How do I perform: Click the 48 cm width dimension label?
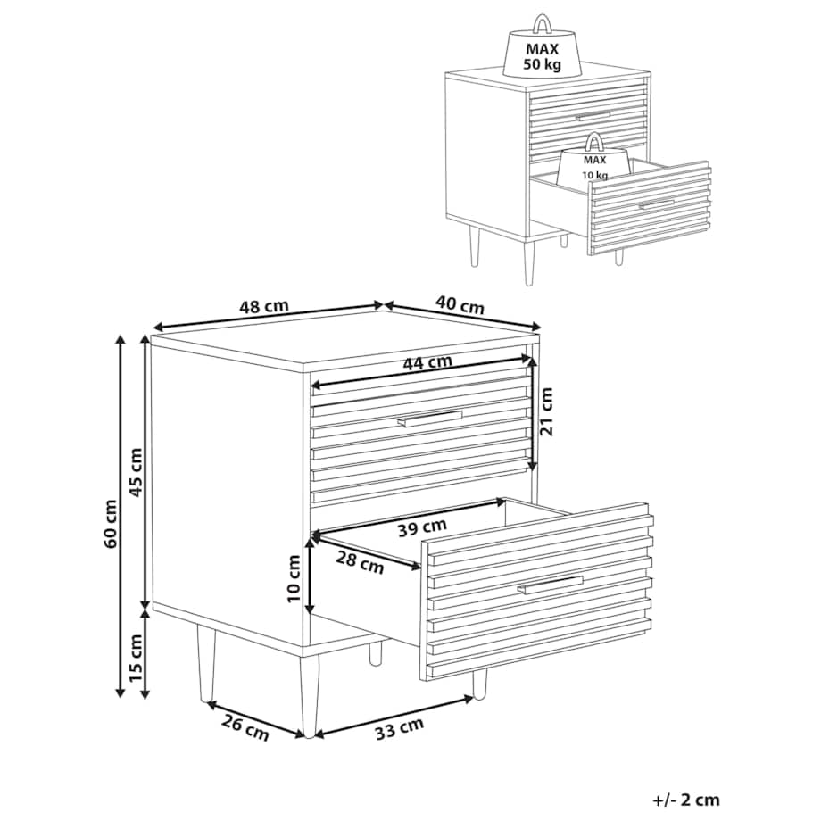pos(264,306)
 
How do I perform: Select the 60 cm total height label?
pos(111,524)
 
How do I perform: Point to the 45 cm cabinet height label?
pos(136,473)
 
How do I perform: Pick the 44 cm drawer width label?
pos(427,361)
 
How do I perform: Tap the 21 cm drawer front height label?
pos(546,411)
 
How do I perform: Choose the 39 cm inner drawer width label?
pos(422,527)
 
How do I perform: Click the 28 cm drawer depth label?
pos(360,563)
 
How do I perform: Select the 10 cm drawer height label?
pos(294,578)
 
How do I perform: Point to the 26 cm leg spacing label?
pos(245,728)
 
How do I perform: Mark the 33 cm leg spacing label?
pos(400,729)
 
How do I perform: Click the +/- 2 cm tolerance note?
pos(686,800)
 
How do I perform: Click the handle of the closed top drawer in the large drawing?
pos(430,419)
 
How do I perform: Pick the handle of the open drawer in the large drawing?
pos(551,585)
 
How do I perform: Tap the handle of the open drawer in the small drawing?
pos(656,203)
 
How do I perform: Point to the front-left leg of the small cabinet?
pos(529,259)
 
